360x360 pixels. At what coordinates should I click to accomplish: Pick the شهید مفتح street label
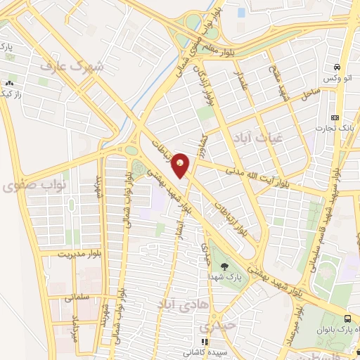(276, 75)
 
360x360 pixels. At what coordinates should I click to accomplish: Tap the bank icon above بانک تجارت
(335, 117)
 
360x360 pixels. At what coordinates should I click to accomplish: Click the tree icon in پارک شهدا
(224, 266)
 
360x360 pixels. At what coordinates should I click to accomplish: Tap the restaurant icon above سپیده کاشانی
(205, 342)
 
